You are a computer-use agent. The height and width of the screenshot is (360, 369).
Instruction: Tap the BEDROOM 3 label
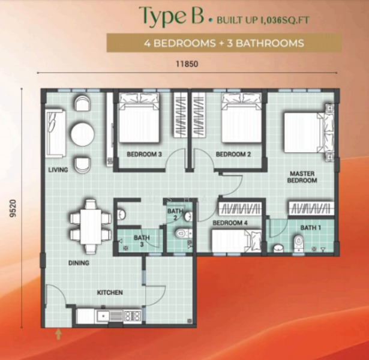click(x=144, y=154)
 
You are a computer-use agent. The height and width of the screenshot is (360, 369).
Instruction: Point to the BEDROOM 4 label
click(x=229, y=223)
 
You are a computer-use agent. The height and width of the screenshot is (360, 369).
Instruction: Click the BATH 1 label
click(x=311, y=227)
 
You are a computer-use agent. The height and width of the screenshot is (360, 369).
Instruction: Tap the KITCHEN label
click(x=110, y=293)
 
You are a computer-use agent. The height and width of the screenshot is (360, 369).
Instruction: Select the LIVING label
click(x=58, y=170)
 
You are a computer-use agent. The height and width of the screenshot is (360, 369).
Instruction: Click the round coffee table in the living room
click(x=82, y=134)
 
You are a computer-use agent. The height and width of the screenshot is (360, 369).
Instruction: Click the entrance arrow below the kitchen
click(x=58, y=334)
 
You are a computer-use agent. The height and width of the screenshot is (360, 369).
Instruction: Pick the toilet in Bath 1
click(x=298, y=243)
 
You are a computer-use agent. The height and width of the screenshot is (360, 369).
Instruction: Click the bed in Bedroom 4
click(x=235, y=241)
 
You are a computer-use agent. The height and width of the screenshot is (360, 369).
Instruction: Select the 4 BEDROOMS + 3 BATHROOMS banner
click(x=224, y=43)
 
